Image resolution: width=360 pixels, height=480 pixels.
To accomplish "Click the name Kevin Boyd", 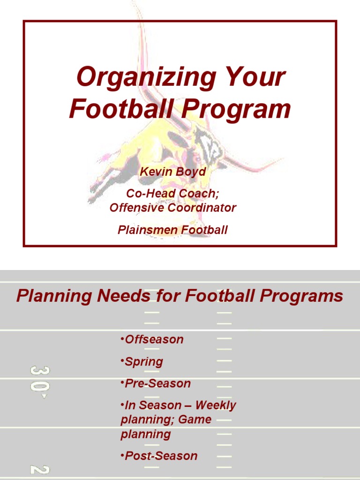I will pyautogui.click(x=172, y=172).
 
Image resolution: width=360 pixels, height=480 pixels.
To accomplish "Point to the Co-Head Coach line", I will pyautogui.click(x=172, y=193).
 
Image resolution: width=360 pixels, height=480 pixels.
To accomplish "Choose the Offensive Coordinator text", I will pyautogui.click(x=172, y=208).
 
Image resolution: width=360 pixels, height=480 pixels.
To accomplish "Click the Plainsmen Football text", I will pyautogui.click(x=172, y=230).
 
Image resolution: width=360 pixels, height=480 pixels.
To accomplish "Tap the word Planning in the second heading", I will pyautogui.click(x=53, y=296).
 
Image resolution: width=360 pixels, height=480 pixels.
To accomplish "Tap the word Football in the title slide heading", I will pyautogui.click(x=121, y=109).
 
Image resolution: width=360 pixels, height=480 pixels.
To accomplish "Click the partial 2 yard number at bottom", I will pyautogui.click(x=39, y=469).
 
